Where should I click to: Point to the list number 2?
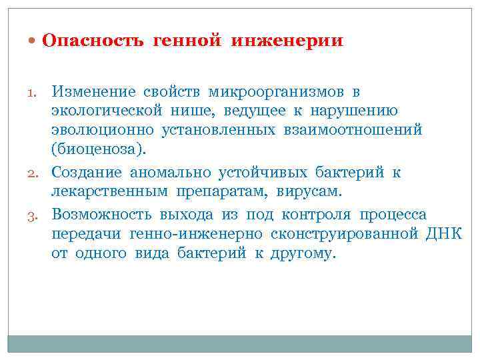coord(37,173)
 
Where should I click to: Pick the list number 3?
coord(37,215)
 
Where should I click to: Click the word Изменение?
coord(94,91)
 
